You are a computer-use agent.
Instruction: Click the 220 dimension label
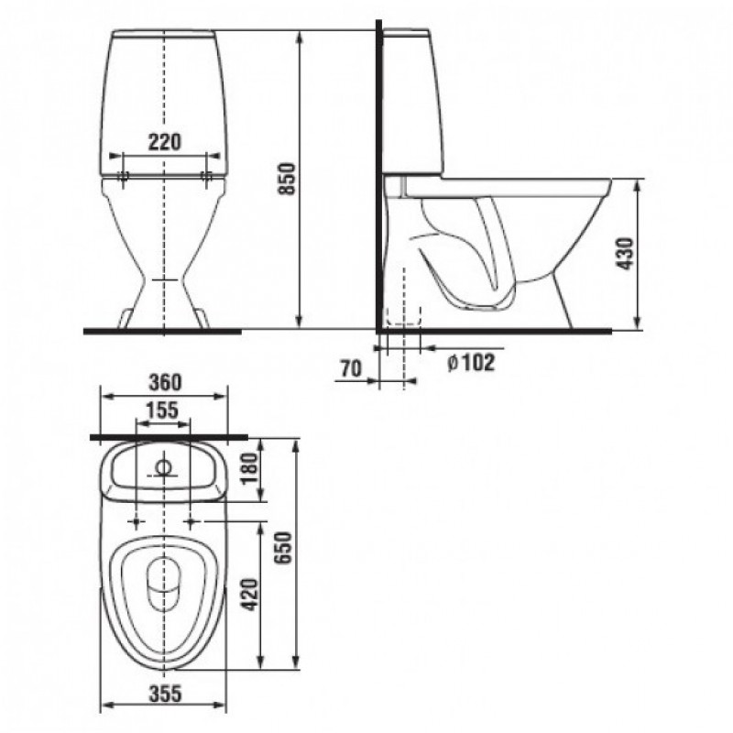pyautogui.click(x=165, y=142)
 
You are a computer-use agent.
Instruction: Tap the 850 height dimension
pyautogui.click(x=287, y=179)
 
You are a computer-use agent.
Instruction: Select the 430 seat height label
pyautogui.click(x=625, y=254)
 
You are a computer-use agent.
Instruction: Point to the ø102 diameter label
pyautogui.click(x=471, y=363)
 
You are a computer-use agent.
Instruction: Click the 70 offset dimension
pyautogui.click(x=351, y=369)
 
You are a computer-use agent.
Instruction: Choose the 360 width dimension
pyautogui.click(x=165, y=382)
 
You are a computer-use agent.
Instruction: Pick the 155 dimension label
pyautogui.click(x=162, y=410)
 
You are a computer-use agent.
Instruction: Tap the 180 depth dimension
pyautogui.click(x=250, y=469)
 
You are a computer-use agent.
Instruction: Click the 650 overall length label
pyautogui.click(x=284, y=548)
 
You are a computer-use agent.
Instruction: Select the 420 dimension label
pyautogui.click(x=250, y=595)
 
